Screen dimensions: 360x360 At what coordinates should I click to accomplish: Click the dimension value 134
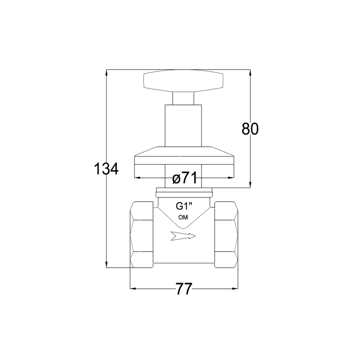coord(106,169)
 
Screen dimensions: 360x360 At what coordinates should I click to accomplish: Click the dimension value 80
coord(250,129)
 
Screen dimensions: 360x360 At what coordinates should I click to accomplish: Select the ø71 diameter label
coord(184,178)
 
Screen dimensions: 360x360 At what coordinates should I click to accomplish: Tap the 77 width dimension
coord(184,288)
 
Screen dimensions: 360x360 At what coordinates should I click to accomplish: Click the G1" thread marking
coord(184,207)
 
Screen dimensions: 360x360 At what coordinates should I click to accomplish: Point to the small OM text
coord(183,217)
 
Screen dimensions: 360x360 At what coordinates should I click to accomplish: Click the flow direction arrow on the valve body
coord(183,236)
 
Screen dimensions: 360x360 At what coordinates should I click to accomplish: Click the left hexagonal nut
coord(141,234)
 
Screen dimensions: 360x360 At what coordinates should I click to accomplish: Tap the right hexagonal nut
coord(226,234)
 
